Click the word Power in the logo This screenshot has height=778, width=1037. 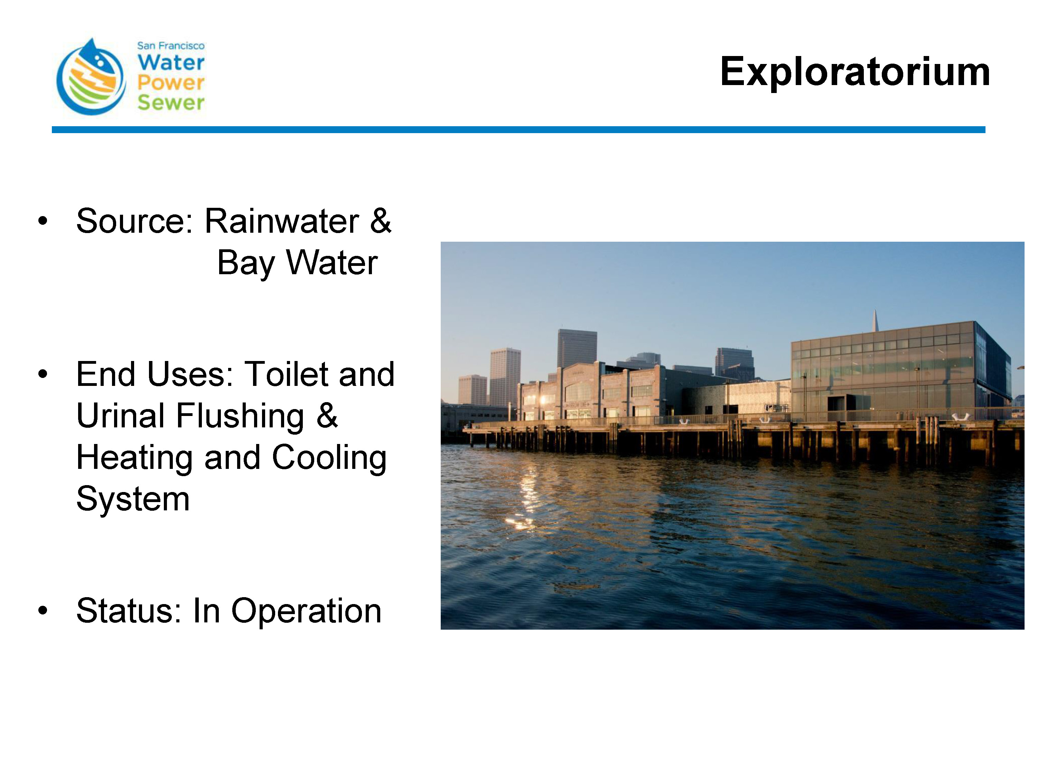[x=171, y=83]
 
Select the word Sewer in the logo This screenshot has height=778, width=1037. [x=171, y=102]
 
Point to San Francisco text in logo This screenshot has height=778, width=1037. [x=171, y=46]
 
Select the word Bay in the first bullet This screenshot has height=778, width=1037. [x=246, y=263]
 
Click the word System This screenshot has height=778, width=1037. [x=133, y=499]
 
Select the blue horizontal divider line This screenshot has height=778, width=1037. [x=518, y=129]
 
